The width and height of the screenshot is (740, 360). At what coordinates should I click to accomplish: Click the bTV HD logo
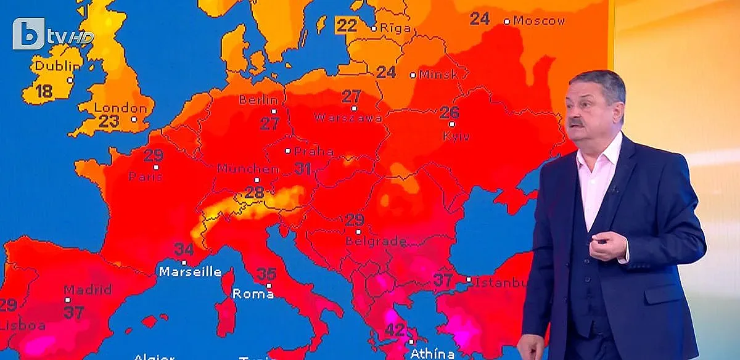pyautogui.click(x=52, y=35)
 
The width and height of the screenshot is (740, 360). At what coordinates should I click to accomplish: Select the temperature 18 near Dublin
pyautogui.click(x=44, y=92)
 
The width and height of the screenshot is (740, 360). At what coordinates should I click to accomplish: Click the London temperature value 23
pyautogui.click(x=109, y=121)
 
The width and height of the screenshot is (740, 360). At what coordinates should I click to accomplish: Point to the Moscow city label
pyautogui.click(x=539, y=21)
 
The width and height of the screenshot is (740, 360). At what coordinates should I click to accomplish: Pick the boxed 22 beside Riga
pyautogui.click(x=347, y=25)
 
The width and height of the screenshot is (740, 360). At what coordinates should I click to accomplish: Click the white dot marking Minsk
pyautogui.click(x=413, y=75)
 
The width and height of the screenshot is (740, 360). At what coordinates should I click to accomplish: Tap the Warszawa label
pyautogui.click(x=345, y=117)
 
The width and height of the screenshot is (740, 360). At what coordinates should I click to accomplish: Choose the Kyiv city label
pyautogui.click(x=456, y=137)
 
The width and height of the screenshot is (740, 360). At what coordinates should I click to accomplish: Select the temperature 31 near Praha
pyautogui.click(x=303, y=168)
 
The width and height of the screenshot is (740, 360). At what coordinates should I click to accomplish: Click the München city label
pyautogui.click(x=248, y=168)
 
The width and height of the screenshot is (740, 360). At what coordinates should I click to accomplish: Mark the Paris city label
pyautogui.click(x=146, y=177)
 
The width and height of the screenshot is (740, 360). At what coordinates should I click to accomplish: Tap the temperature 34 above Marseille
pyautogui.click(x=184, y=250)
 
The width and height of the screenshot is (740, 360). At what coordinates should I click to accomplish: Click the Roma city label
pyautogui.click(x=253, y=295)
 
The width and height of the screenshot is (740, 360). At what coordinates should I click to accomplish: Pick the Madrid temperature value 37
pyautogui.click(x=74, y=312)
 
